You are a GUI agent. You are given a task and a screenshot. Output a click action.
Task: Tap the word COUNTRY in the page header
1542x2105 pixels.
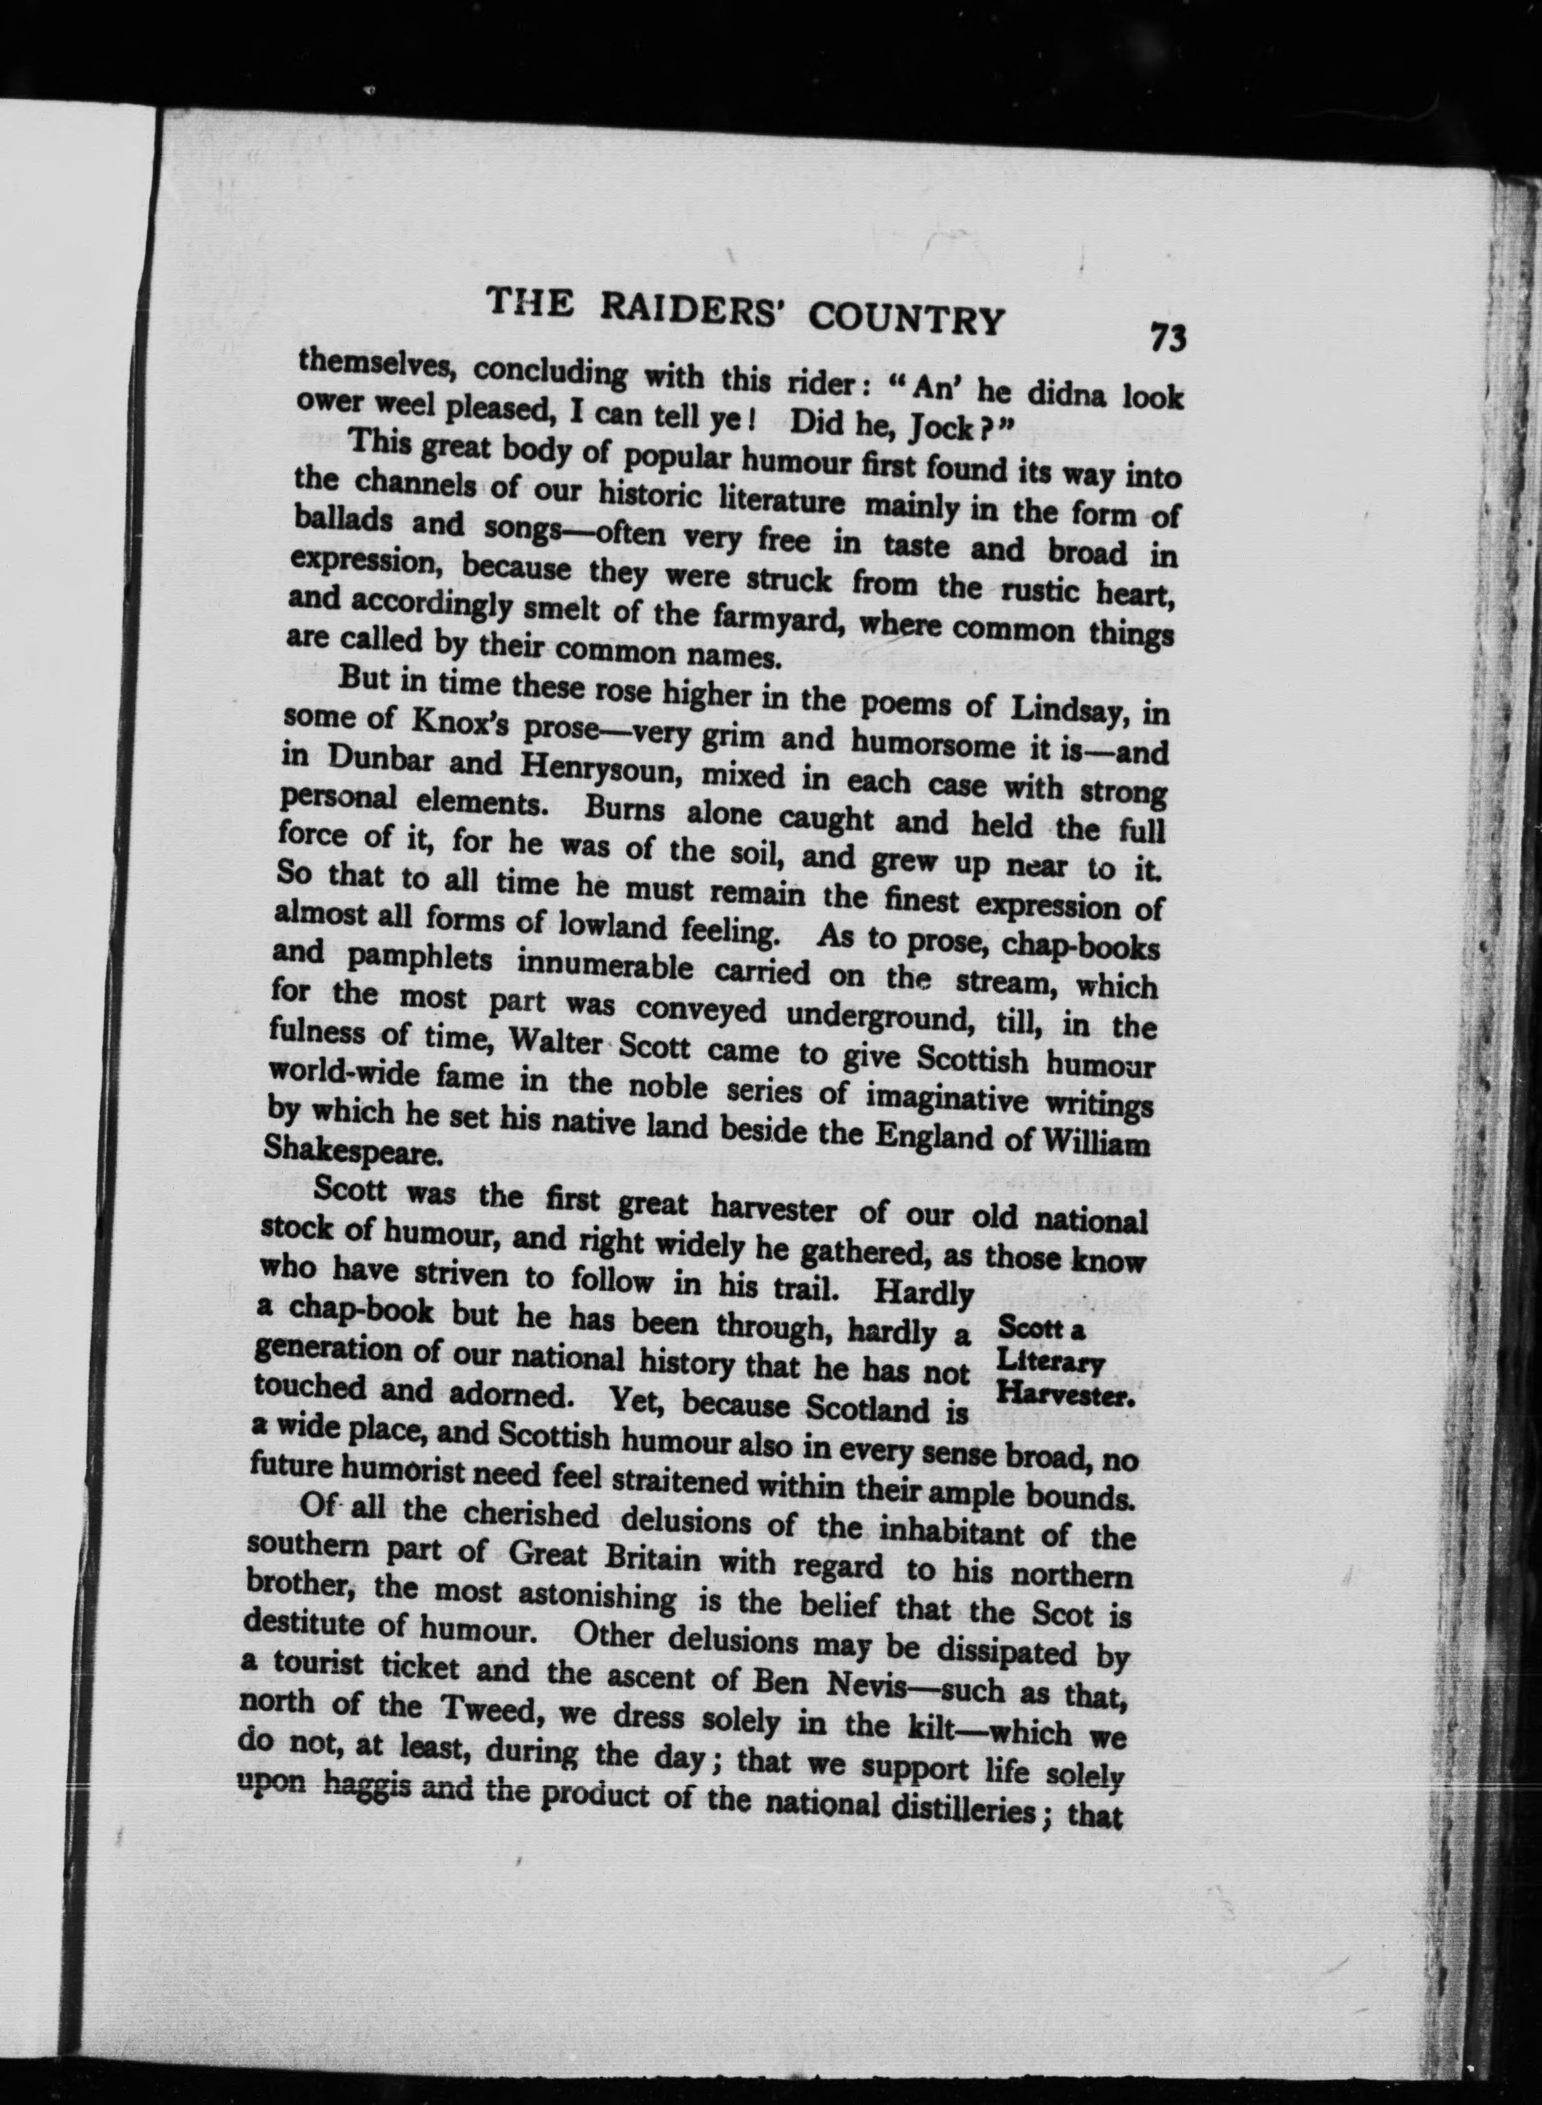click(x=906, y=319)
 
